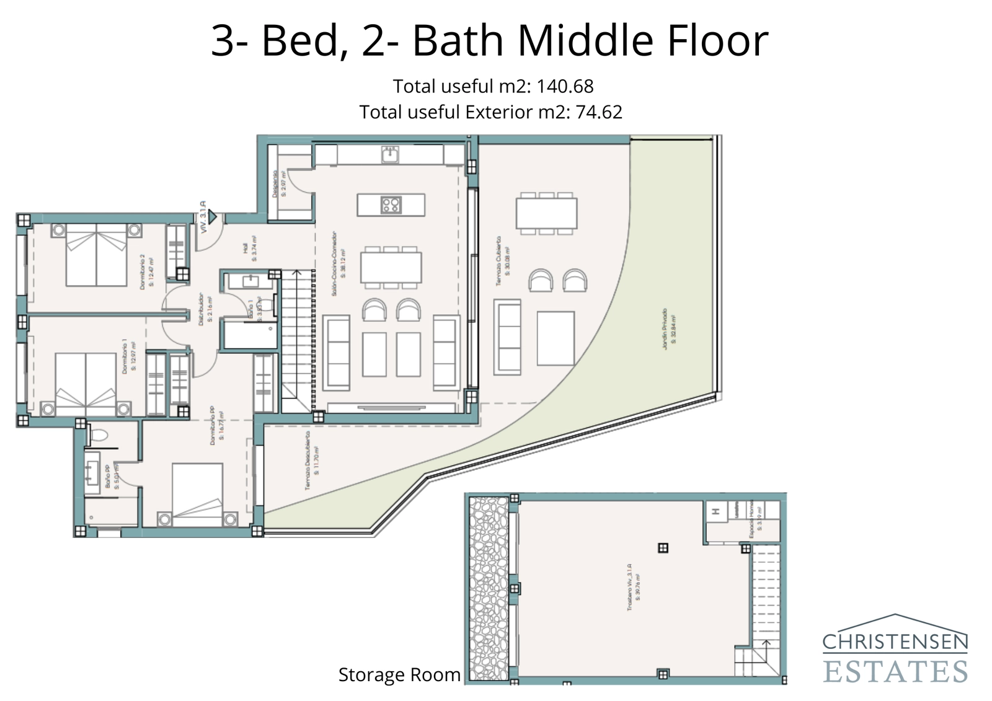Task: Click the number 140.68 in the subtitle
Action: [564, 86]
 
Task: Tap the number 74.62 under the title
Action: [598, 112]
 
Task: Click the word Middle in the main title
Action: [585, 41]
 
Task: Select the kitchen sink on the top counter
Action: [390, 154]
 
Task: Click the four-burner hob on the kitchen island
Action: [391, 205]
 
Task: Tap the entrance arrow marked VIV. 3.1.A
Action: [212, 218]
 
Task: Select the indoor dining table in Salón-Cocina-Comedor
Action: [391, 267]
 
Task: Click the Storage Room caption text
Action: [399, 674]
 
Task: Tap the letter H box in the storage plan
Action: [715, 512]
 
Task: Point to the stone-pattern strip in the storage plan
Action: [489, 589]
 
